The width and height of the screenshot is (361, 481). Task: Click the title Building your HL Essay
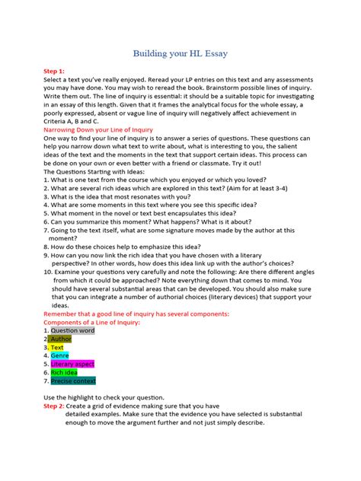(180, 54)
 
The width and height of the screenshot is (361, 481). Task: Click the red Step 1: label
(55, 70)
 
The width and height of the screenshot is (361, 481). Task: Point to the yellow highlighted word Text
(57, 347)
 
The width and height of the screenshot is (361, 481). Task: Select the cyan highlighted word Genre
(60, 355)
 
